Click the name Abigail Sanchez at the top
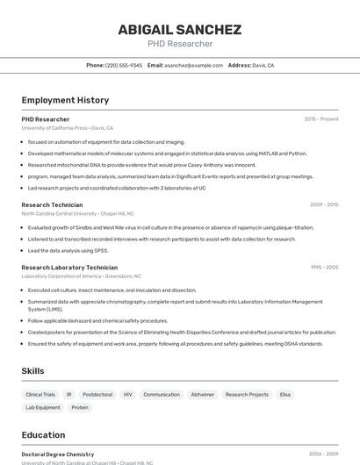pyautogui.click(x=179, y=30)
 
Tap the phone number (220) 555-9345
pyautogui.click(x=124, y=65)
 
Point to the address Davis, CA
pyautogui.click(x=263, y=65)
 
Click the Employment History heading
pyautogui.click(x=65, y=100)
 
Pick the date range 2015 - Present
pyautogui.click(x=320, y=118)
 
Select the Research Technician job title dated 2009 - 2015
pyautogui.click(x=52, y=204)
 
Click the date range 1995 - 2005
pyautogui.click(x=324, y=267)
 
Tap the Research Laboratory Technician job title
pyautogui.click(x=69, y=267)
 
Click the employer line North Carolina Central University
pyautogui.click(x=77, y=213)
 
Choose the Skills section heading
pyautogui.click(x=32, y=371)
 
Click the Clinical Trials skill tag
pyautogui.click(x=40, y=395)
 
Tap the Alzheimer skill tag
pyautogui.click(x=203, y=395)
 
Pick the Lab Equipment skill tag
pyautogui.click(x=43, y=407)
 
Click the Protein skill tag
pyautogui.click(x=80, y=407)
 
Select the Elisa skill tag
pyautogui.click(x=285, y=395)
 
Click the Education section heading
pyautogui.click(x=43, y=435)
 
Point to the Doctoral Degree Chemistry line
pyautogui.click(x=57, y=454)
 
